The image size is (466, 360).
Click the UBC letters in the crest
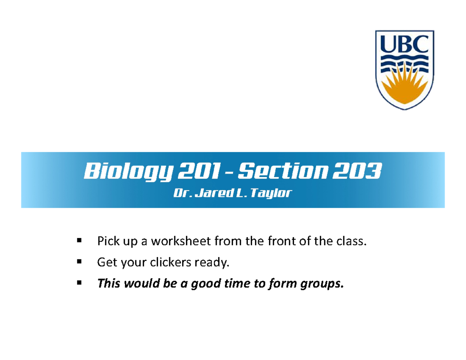[404, 45]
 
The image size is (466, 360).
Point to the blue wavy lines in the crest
[404, 64]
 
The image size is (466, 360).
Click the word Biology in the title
[127, 172]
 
